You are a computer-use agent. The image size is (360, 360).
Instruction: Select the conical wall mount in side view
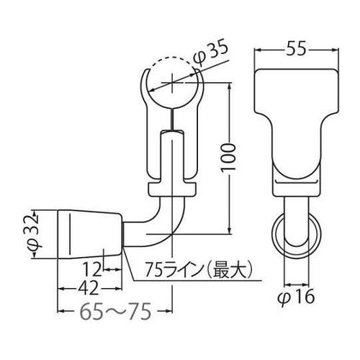click(x=90, y=234)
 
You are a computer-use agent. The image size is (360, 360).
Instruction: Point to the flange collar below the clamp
click(x=173, y=189)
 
